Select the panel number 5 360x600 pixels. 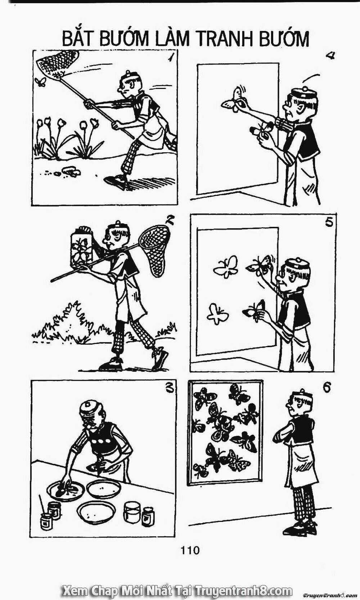pyautogui.click(x=329, y=223)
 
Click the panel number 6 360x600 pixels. pyautogui.click(x=327, y=388)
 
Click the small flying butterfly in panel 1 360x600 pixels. pyautogui.click(x=40, y=82)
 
